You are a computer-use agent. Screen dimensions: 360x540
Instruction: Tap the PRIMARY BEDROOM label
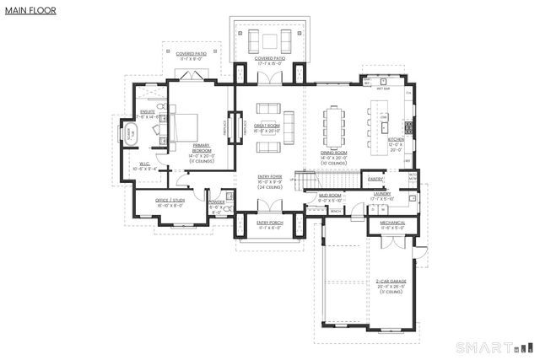click(202, 148)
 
